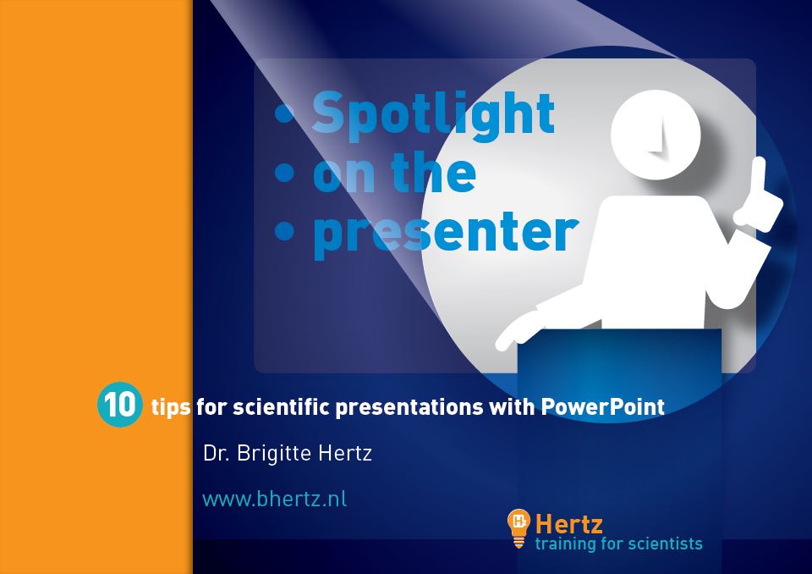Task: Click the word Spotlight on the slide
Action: click(433, 115)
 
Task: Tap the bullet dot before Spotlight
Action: click(284, 113)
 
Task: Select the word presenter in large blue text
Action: click(446, 235)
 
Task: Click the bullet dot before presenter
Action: click(284, 230)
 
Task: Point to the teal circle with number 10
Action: click(119, 405)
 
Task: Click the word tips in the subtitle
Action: click(171, 407)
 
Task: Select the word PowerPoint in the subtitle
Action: click(603, 407)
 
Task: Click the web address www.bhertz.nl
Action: click(274, 499)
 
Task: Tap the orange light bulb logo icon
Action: click(518, 527)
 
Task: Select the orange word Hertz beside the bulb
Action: click(568, 524)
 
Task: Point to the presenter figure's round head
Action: click(656, 135)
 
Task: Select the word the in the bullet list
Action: click(433, 172)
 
